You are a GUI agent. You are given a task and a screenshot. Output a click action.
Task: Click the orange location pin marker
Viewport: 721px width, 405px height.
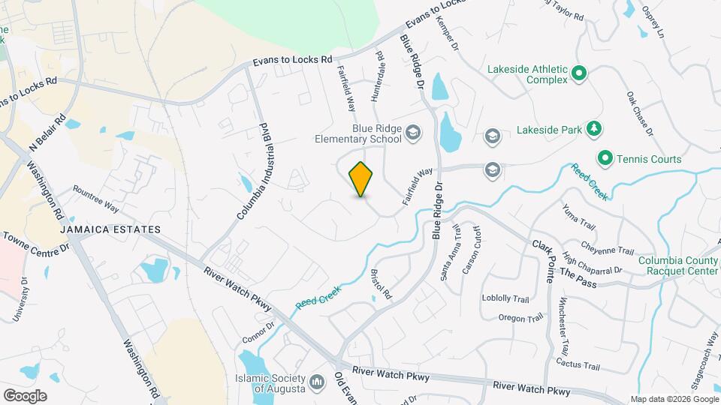(360, 179)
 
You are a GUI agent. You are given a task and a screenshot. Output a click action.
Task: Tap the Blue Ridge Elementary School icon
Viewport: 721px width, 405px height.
(412, 133)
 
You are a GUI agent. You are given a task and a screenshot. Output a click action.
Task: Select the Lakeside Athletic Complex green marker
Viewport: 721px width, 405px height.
(579, 73)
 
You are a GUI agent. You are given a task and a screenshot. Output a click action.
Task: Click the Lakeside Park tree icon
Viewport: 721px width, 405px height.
(593, 129)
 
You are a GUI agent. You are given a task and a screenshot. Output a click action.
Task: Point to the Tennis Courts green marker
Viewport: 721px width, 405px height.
(605, 158)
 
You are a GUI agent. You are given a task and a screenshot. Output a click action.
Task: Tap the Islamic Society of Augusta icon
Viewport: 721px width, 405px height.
(317, 382)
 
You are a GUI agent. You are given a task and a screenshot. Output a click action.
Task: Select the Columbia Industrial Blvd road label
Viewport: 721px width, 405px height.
(253, 170)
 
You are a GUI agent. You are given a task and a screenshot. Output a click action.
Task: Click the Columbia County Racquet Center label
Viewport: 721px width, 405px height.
(678, 266)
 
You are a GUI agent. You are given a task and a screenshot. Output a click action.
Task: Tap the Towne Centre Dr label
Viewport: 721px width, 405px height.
(35, 241)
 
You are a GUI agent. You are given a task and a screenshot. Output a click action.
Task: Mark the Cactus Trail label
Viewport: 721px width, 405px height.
(578, 365)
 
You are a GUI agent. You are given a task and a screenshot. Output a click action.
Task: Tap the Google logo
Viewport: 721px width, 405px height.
(25, 394)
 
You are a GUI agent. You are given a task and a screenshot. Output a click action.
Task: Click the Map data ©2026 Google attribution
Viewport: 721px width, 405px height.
(673, 398)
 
